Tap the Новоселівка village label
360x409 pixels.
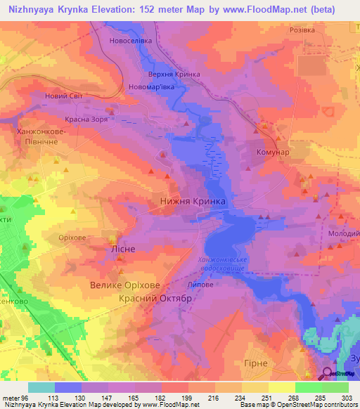(x=131, y=41)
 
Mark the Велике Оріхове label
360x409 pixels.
(x=125, y=285)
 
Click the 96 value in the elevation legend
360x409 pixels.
(x=27, y=398)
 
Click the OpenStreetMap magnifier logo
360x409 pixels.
(x=327, y=373)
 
